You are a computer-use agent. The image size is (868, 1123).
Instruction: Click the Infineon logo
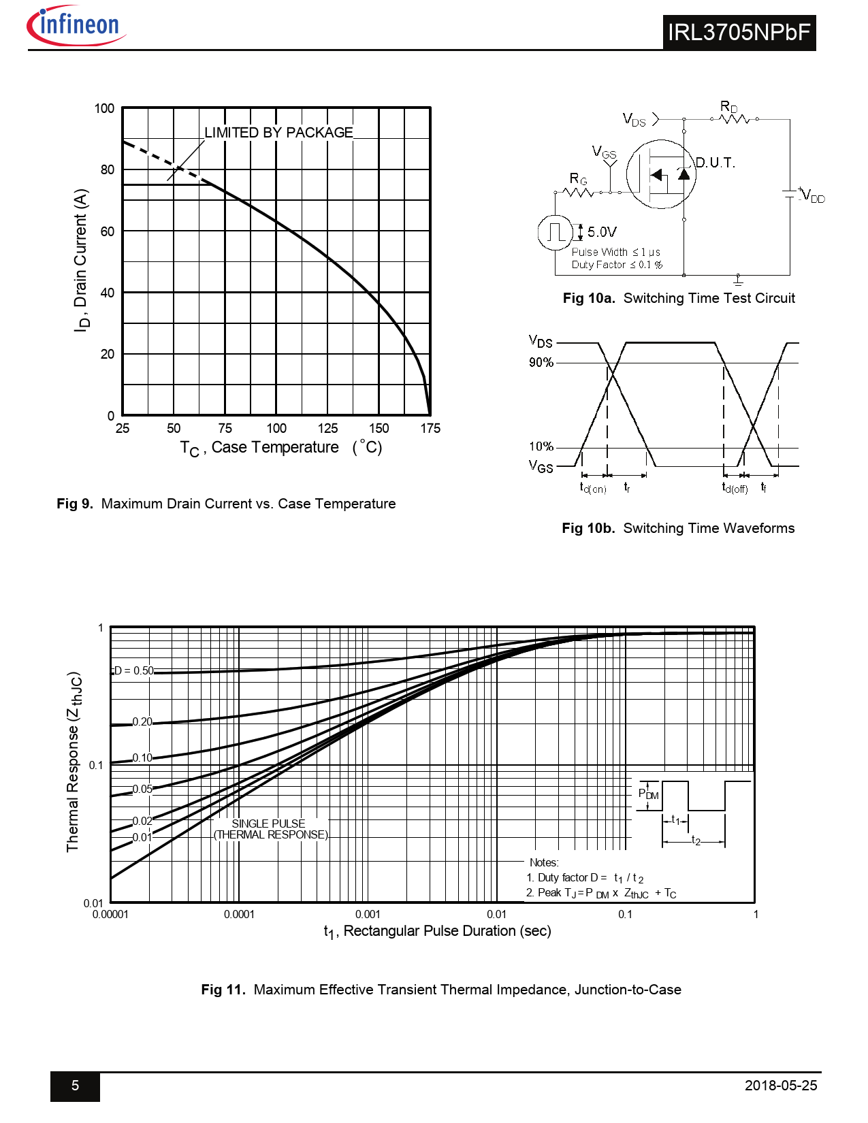76,26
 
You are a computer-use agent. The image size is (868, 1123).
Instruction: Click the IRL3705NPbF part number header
739,33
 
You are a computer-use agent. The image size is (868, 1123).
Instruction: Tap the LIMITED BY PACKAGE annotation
278,133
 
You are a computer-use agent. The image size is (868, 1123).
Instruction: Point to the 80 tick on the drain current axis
108,169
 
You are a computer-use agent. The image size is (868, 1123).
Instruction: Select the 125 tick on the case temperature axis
327,428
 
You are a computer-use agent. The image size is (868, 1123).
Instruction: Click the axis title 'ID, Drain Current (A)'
81,261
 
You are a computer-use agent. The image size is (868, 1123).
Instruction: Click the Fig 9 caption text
226,504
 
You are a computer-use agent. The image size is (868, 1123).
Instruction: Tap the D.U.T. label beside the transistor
716,163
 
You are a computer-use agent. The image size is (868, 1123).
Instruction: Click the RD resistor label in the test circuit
729,106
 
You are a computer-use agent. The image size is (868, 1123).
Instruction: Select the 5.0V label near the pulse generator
602,232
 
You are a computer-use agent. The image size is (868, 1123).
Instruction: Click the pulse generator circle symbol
556,233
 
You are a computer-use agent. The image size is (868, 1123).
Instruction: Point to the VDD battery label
814,197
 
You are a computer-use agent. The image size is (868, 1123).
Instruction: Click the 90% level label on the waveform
541,362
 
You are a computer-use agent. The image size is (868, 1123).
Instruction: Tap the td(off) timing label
735,487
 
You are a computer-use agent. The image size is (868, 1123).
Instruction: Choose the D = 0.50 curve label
133,670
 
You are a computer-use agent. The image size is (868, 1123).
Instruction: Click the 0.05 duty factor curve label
142,789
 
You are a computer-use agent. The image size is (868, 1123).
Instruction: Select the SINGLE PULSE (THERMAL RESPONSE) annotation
270,829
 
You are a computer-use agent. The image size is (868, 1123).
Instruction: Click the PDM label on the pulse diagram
648,794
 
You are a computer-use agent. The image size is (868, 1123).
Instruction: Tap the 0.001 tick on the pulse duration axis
368,914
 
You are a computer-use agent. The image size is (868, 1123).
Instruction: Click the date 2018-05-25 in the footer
781,1086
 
